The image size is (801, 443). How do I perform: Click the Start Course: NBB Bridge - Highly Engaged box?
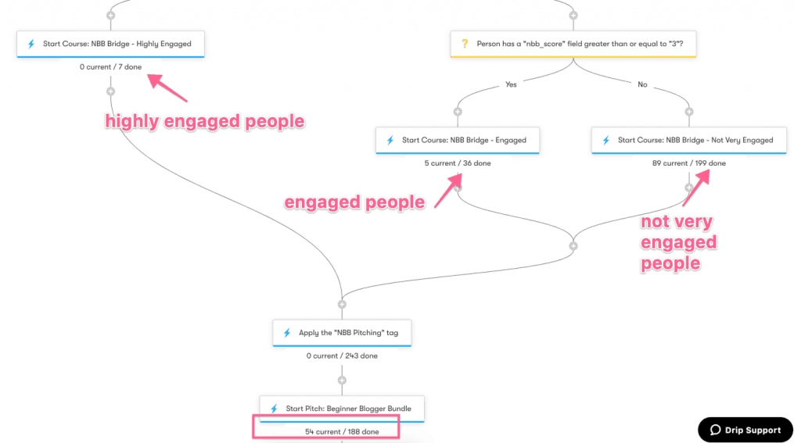tap(110, 44)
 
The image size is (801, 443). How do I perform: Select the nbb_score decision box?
tap(573, 44)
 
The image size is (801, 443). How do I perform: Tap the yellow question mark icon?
tap(465, 44)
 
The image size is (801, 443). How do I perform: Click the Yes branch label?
tap(511, 84)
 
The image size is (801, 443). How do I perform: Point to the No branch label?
tap(642, 84)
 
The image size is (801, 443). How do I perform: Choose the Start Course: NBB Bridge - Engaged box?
tap(458, 141)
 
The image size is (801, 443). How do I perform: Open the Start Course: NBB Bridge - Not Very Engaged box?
tap(689, 141)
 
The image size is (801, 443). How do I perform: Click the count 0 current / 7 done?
tap(110, 67)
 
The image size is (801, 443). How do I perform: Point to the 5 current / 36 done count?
tap(458, 163)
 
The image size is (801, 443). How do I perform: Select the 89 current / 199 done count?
tap(689, 163)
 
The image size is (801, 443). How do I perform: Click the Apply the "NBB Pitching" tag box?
tap(342, 333)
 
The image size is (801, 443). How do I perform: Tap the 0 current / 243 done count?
tap(342, 355)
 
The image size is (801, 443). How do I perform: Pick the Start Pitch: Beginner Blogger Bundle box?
tap(342, 409)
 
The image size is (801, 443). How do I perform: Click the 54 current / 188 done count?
tap(342, 432)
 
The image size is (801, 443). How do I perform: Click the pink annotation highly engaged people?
tap(205, 121)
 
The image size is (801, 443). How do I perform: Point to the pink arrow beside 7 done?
tap(167, 88)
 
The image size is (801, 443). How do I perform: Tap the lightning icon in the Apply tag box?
tap(287, 333)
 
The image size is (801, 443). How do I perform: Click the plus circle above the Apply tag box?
tap(342, 305)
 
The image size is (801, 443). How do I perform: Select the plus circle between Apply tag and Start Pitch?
tap(342, 380)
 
